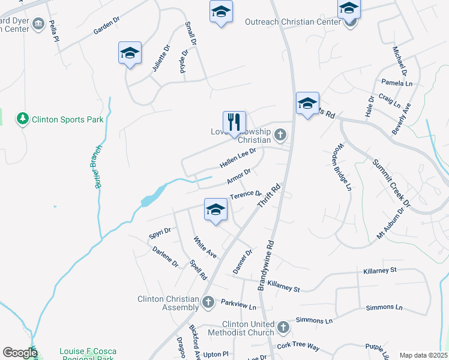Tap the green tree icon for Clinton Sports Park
23,119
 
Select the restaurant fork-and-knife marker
234,123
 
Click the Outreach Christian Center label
293,22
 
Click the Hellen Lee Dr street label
238,158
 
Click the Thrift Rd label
269,196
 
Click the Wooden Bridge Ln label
343,167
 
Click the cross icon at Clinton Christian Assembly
208,302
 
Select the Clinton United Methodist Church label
240,328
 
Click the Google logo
20,353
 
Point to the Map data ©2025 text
423,355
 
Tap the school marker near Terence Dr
215,210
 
